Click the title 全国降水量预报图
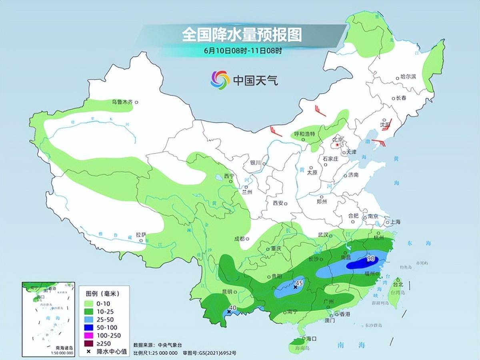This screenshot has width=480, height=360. pyautogui.click(x=242, y=34)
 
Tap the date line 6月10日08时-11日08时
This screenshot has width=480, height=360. pyautogui.click(x=243, y=51)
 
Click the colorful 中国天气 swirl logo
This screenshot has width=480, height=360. pyautogui.click(x=220, y=80)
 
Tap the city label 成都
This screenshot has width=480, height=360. pyautogui.click(x=239, y=239)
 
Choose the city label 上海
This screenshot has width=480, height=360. pyautogui.click(x=395, y=222)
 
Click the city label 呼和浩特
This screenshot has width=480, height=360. pyautogui.click(x=304, y=134)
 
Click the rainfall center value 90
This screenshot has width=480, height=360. pyautogui.click(x=370, y=259)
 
